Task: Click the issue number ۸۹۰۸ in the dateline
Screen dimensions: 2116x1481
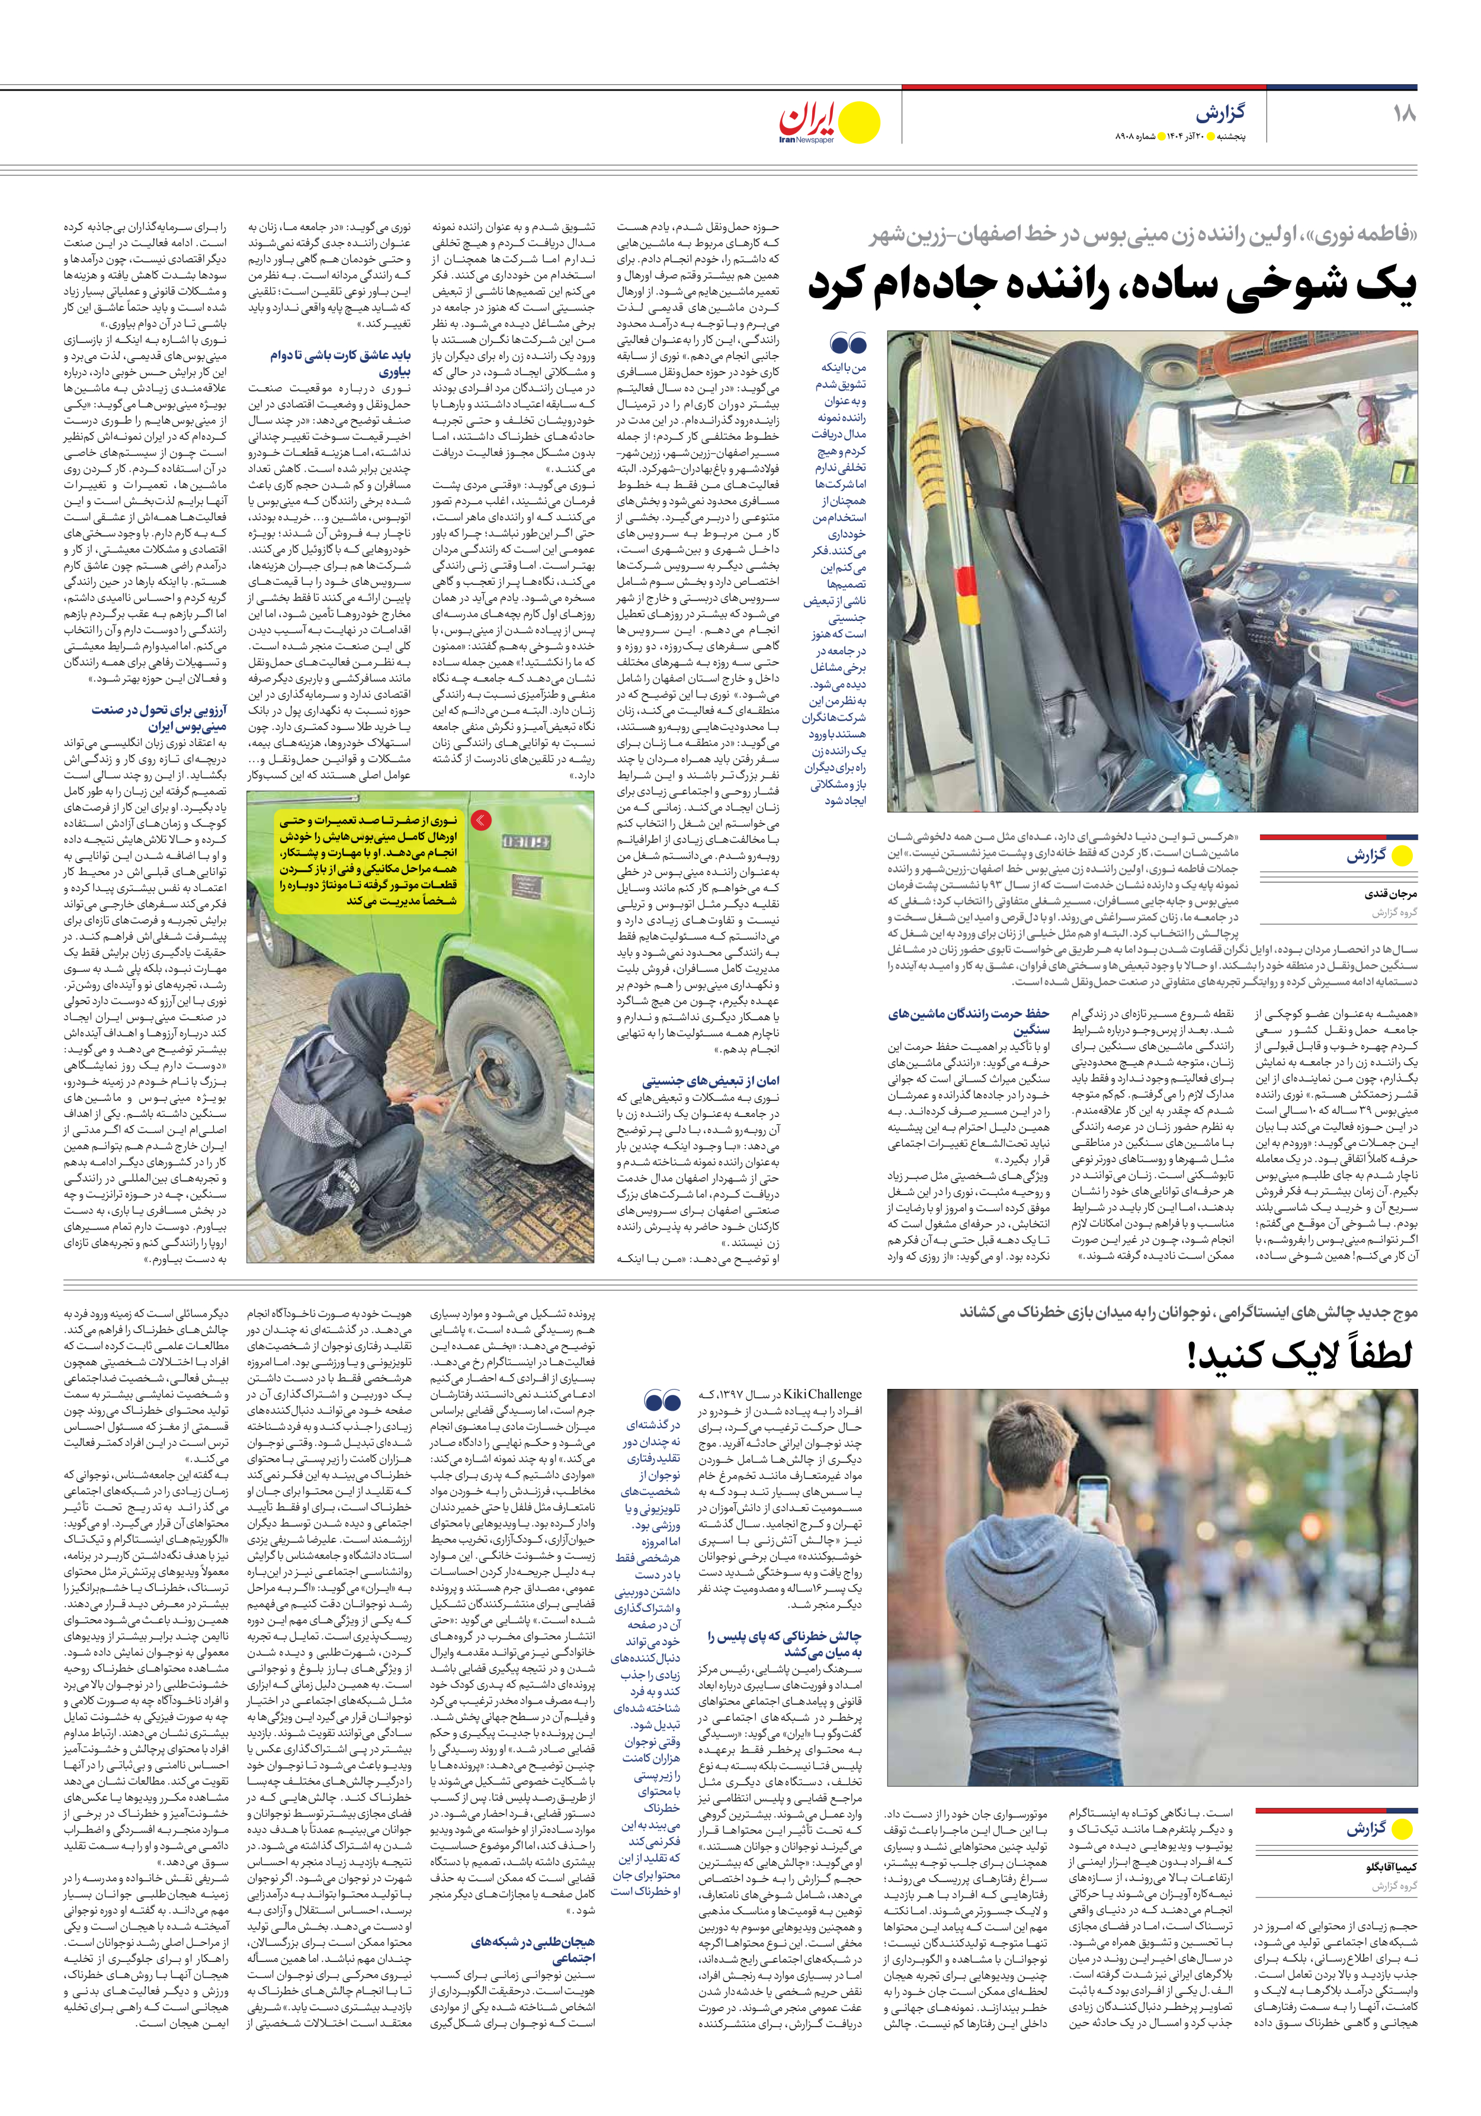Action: pyautogui.click(x=1129, y=138)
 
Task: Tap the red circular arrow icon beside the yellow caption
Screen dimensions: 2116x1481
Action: pyautogui.click(x=481, y=819)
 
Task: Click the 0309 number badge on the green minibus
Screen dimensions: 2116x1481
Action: pyautogui.click(x=525, y=841)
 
